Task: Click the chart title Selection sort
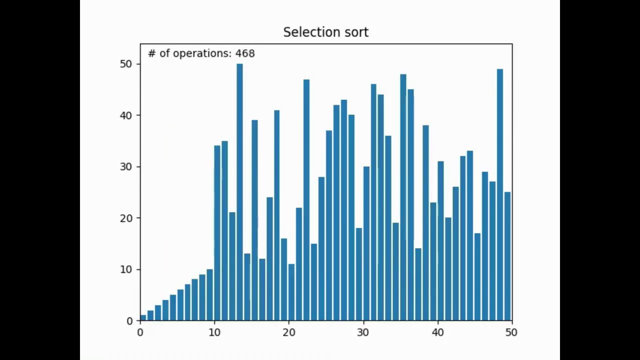325,32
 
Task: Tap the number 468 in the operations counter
245,53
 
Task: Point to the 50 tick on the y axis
125,64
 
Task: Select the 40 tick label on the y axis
125,115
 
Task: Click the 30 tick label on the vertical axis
125,167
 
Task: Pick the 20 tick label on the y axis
125,218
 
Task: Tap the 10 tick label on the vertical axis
125,270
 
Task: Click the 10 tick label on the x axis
214,332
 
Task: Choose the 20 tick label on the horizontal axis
288,332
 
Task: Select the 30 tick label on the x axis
363,332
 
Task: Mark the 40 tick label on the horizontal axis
437,332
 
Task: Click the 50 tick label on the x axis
511,332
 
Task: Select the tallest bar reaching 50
239,192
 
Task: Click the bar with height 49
500,195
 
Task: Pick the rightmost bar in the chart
507,256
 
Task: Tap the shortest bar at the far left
143,318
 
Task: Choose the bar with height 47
306,200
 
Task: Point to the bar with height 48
403,197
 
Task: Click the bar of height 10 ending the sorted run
210,295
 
